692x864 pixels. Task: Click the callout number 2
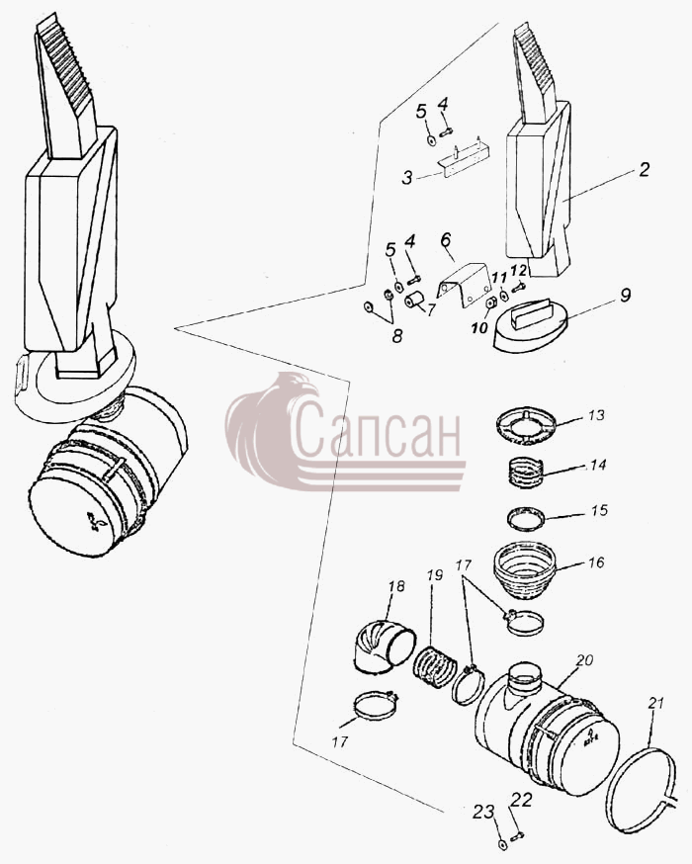coord(644,169)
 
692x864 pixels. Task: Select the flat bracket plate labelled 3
coord(465,160)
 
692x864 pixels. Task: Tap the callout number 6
coord(446,240)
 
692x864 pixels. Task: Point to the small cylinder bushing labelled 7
coord(412,301)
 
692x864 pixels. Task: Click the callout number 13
coord(595,415)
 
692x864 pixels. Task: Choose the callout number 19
coord(434,575)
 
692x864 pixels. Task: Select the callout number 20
coord(584,659)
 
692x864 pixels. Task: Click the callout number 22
coord(522,800)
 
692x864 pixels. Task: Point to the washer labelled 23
coord(502,843)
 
